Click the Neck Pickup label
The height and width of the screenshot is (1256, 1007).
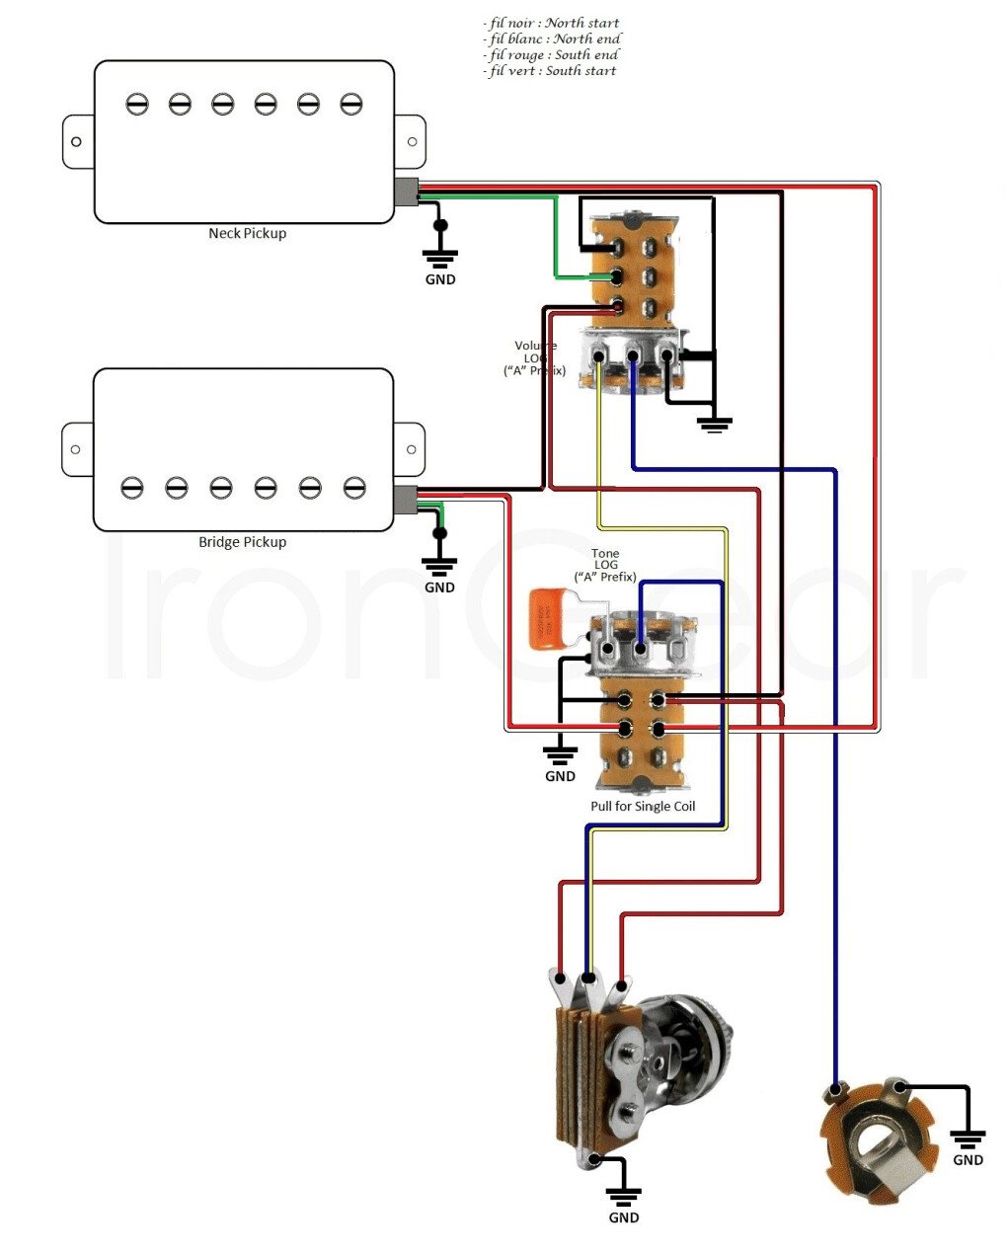coord(247,234)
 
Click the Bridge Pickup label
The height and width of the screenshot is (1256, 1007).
coord(242,542)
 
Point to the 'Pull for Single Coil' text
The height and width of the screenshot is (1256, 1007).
coord(643,807)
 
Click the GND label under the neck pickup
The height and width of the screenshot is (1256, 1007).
coord(440,279)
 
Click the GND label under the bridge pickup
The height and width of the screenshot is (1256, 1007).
coord(439,588)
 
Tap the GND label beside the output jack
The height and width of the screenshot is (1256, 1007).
coord(968,1160)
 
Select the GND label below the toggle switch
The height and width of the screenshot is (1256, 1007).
coord(624,1217)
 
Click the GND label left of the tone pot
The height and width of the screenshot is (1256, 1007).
coord(560,776)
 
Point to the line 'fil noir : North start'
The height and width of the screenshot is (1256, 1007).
coord(553,23)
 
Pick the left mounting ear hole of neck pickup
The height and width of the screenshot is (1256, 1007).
coord(76,142)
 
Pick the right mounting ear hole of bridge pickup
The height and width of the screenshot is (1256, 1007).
coord(412,450)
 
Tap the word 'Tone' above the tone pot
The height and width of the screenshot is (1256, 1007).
coord(605,554)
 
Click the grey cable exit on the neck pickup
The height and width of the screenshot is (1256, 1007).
coord(406,192)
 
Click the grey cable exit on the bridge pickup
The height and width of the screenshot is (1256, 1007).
coord(405,500)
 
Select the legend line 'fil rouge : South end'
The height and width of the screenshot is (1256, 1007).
coord(552,55)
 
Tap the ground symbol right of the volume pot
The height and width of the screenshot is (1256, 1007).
coord(714,426)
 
